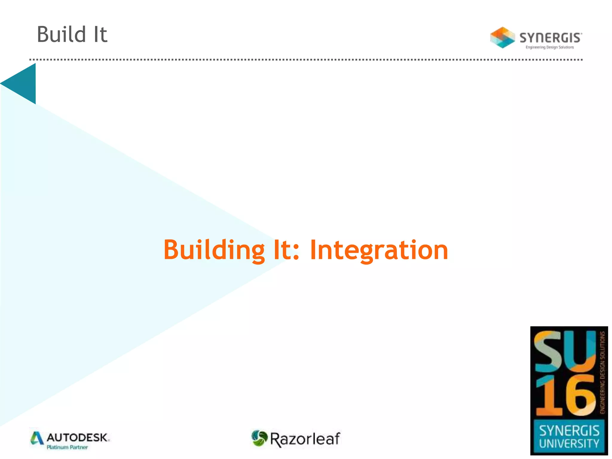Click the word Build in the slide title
62,34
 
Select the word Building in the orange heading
214,250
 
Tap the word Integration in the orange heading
379,250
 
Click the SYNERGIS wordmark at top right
550,38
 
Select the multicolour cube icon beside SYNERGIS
502,38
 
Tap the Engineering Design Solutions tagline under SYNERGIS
550,47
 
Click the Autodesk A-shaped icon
37,438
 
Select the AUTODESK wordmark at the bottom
78,438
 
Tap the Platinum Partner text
67,447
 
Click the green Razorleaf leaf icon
259,438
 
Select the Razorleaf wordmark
305,439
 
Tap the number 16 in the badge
565,396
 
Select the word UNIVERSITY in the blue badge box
569,443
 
